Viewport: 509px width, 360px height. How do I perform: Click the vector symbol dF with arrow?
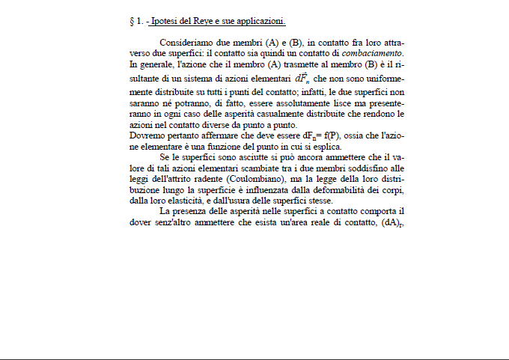click(x=302, y=77)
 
